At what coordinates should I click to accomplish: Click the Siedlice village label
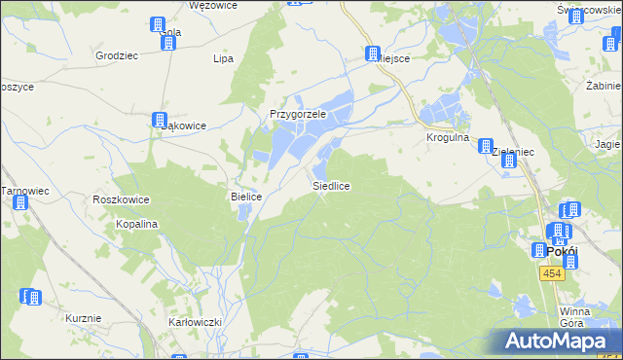(331, 185)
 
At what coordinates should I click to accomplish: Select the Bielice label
(246, 197)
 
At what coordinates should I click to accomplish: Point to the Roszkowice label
(121, 199)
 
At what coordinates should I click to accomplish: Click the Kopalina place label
(138, 224)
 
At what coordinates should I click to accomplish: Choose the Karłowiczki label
(196, 321)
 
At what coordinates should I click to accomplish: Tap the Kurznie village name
(84, 318)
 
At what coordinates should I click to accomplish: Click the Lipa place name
(224, 58)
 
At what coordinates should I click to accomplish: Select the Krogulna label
(448, 138)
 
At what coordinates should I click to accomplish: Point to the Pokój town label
(563, 250)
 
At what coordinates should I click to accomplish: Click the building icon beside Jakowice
(160, 121)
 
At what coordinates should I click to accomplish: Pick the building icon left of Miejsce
(373, 54)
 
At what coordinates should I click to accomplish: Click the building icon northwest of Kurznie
(31, 297)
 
